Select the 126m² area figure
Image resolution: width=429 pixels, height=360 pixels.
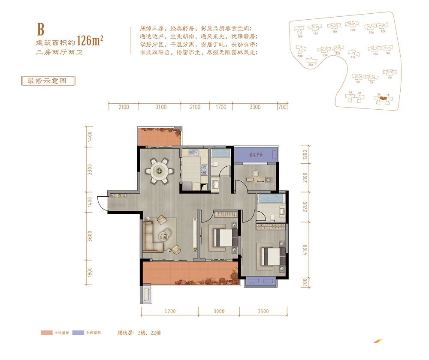pos(91,41)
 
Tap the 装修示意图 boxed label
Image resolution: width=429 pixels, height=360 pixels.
pos(48,81)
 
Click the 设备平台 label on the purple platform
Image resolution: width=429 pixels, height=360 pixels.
pos(256,155)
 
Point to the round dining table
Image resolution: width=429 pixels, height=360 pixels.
pos(160,171)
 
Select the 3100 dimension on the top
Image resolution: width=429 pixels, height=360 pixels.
pos(161,107)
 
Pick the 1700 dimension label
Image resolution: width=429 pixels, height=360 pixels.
pos(221,107)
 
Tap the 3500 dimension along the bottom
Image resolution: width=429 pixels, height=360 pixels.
pos(262,311)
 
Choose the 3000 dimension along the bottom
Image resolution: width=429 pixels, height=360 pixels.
pos(219,311)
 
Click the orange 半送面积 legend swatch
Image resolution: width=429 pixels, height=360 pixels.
pos(46,333)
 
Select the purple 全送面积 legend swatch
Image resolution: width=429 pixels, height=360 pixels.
pos(78,333)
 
